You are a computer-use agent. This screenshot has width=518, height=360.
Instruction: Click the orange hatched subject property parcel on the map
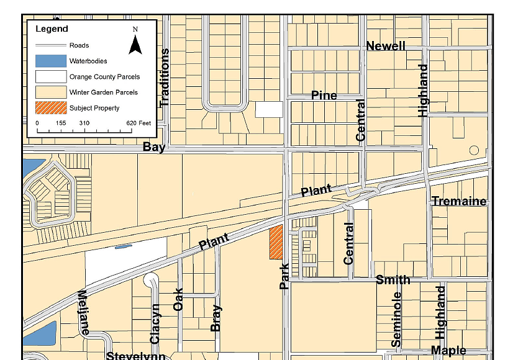tap(276, 242)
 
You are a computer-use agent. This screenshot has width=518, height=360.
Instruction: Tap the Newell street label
tap(386, 47)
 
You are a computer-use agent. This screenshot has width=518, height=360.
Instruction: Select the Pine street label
tap(324, 96)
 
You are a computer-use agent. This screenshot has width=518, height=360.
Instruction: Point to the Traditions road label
tap(165, 78)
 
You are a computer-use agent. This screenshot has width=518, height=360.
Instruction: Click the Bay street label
tap(154, 147)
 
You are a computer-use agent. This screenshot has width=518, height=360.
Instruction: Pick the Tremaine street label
tap(459, 202)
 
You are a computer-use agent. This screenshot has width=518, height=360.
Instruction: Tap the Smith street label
tap(393, 280)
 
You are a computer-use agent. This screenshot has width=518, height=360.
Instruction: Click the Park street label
tap(284, 276)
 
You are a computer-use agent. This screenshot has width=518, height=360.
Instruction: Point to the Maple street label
tap(448, 351)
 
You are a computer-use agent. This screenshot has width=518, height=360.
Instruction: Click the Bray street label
tap(216, 318)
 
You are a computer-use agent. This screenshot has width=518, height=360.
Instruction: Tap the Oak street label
tap(179, 299)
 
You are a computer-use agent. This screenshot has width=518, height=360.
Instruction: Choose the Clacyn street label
tap(155, 323)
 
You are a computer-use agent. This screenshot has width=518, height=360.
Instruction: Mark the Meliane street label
tap(82, 313)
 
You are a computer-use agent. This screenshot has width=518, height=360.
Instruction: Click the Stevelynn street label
tap(135, 356)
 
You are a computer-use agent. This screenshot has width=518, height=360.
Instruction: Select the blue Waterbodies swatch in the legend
tap(50, 61)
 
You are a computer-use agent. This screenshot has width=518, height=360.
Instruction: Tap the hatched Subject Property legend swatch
tap(50, 108)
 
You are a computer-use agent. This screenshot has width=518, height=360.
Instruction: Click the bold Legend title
tap(52, 29)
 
